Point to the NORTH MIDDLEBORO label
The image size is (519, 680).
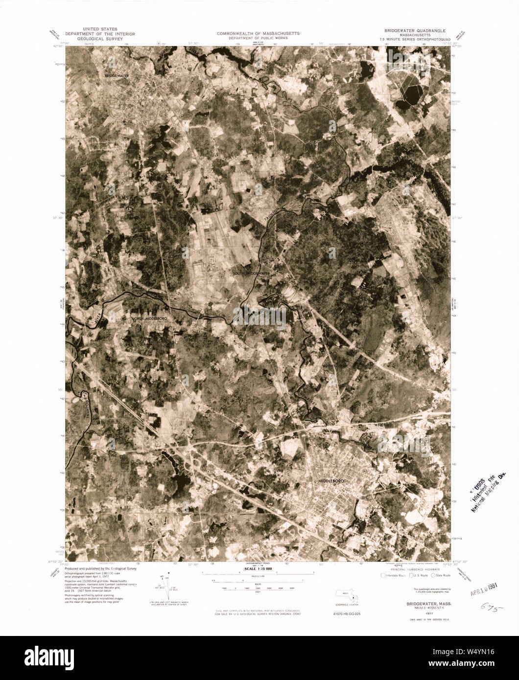coord(151,318)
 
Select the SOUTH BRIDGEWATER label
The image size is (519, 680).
coord(252,273)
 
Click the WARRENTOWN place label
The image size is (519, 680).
coord(334,365)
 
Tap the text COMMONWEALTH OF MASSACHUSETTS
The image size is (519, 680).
coord(259,34)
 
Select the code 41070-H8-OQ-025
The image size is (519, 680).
coord(345,613)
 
